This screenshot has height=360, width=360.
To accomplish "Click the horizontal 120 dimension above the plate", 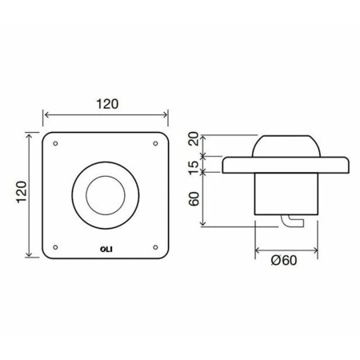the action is [107, 104].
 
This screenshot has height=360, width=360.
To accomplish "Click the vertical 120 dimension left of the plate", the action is [22, 192].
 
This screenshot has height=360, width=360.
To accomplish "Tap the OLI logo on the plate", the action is [106, 250].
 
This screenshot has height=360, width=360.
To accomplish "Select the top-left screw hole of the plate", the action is [55, 143].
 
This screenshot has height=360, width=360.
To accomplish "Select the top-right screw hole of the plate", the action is [155, 143].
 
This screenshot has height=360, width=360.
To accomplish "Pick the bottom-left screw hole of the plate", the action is [55, 247].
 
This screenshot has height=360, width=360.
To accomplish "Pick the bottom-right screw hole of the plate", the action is [155, 247].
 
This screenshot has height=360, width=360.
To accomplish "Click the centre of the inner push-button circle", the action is [106, 195].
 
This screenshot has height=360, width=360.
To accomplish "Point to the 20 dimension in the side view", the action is [194, 138].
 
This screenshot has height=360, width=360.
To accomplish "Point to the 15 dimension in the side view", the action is [194, 167].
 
